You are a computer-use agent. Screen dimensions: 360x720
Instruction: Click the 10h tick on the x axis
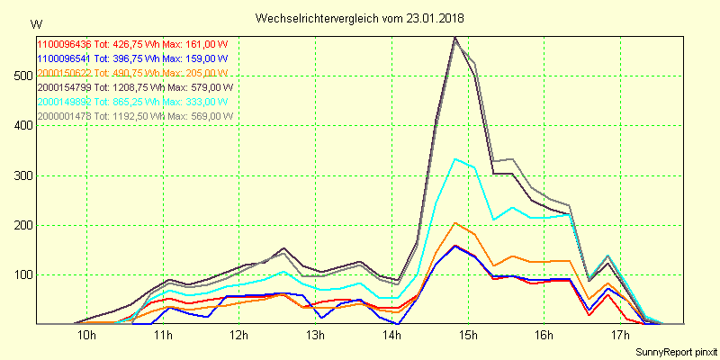pyautogui.click(x=87, y=336)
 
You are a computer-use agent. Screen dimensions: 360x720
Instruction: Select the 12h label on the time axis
pyautogui.click(x=239, y=336)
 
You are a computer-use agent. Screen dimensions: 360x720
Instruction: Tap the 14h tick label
pyautogui.click(x=391, y=336)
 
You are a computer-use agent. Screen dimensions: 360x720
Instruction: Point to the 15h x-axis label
pyautogui.click(x=467, y=336)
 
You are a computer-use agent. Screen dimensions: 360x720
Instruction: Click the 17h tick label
pyautogui.click(x=619, y=336)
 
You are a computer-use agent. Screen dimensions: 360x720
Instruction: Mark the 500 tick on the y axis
pyautogui.click(x=20, y=76)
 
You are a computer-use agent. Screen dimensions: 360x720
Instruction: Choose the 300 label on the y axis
pyautogui.click(x=20, y=175)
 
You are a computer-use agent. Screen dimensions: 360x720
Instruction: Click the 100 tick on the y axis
pyautogui.click(x=20, y=274)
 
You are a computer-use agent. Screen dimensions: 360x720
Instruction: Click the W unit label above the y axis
pyautogui.click(x=35, y=23)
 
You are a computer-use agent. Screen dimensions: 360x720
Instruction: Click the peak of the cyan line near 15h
pyautogui.click(x=456, y=158)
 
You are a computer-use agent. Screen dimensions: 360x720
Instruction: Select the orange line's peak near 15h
pyautogui.click(x=456, y=222)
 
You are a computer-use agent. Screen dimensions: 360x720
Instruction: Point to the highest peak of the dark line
pyautogui.click(x=456, y=37)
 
